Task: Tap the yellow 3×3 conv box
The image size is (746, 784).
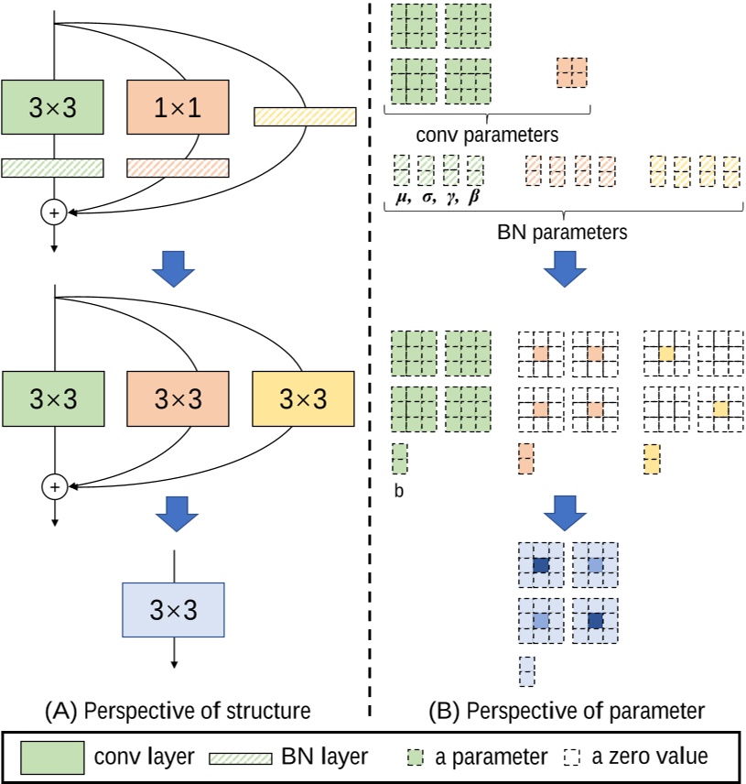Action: pos(302,399)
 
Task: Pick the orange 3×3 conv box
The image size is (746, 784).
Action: pos(177,399)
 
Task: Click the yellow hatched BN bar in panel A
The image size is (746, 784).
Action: pos(304,116)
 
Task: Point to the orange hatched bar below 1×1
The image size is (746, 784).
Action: pos(177,168)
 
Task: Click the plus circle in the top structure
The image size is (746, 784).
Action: pos(54,212)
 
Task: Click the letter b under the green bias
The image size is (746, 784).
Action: pos(398,491)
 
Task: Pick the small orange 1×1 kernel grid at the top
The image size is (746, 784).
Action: pos(571,71)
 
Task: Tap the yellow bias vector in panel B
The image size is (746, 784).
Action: pos(652,457)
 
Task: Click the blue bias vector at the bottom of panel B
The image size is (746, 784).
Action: pos(526,670)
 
